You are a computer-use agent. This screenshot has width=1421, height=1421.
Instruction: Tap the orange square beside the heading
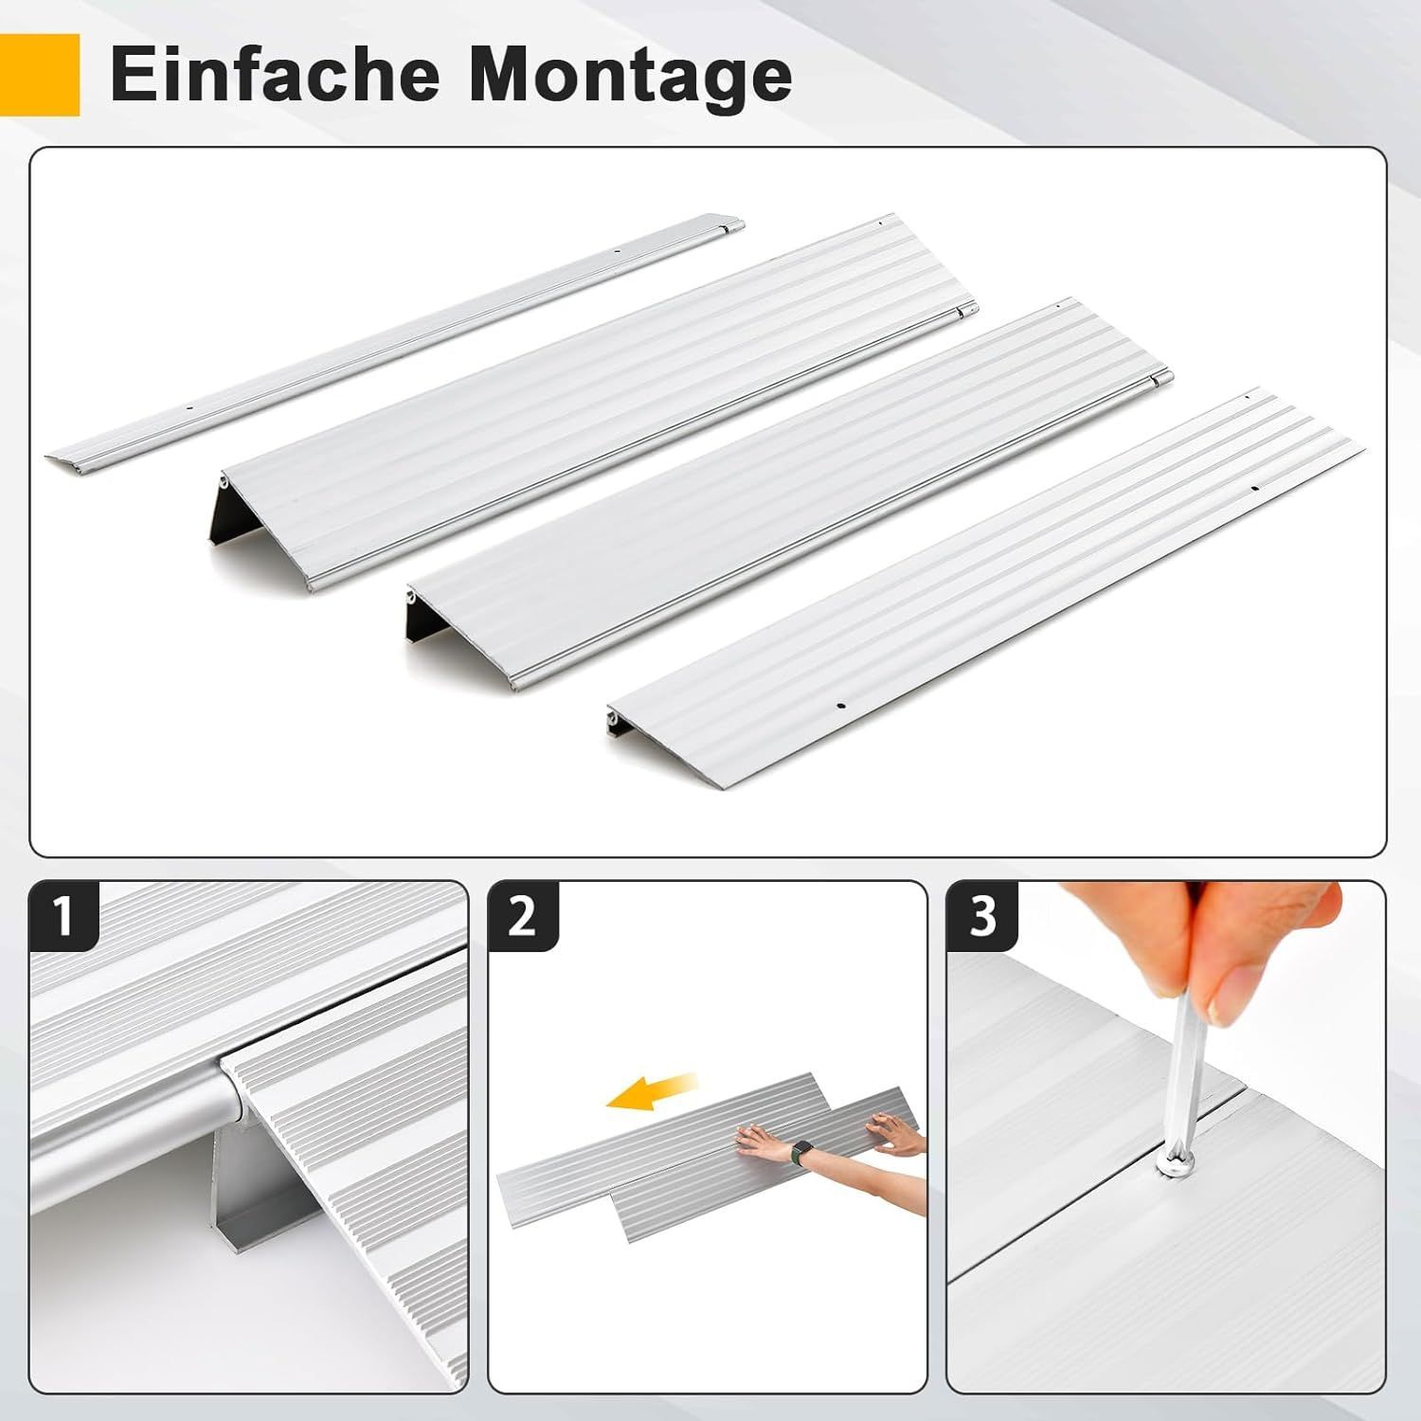(40, 75)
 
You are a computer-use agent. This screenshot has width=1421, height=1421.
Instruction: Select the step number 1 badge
(63, 916)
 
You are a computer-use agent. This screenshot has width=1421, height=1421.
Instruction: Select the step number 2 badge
(523, 916)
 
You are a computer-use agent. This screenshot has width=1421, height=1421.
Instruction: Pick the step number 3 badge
(982, 916)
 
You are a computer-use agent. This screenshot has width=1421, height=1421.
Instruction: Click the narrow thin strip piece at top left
(395, 341)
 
